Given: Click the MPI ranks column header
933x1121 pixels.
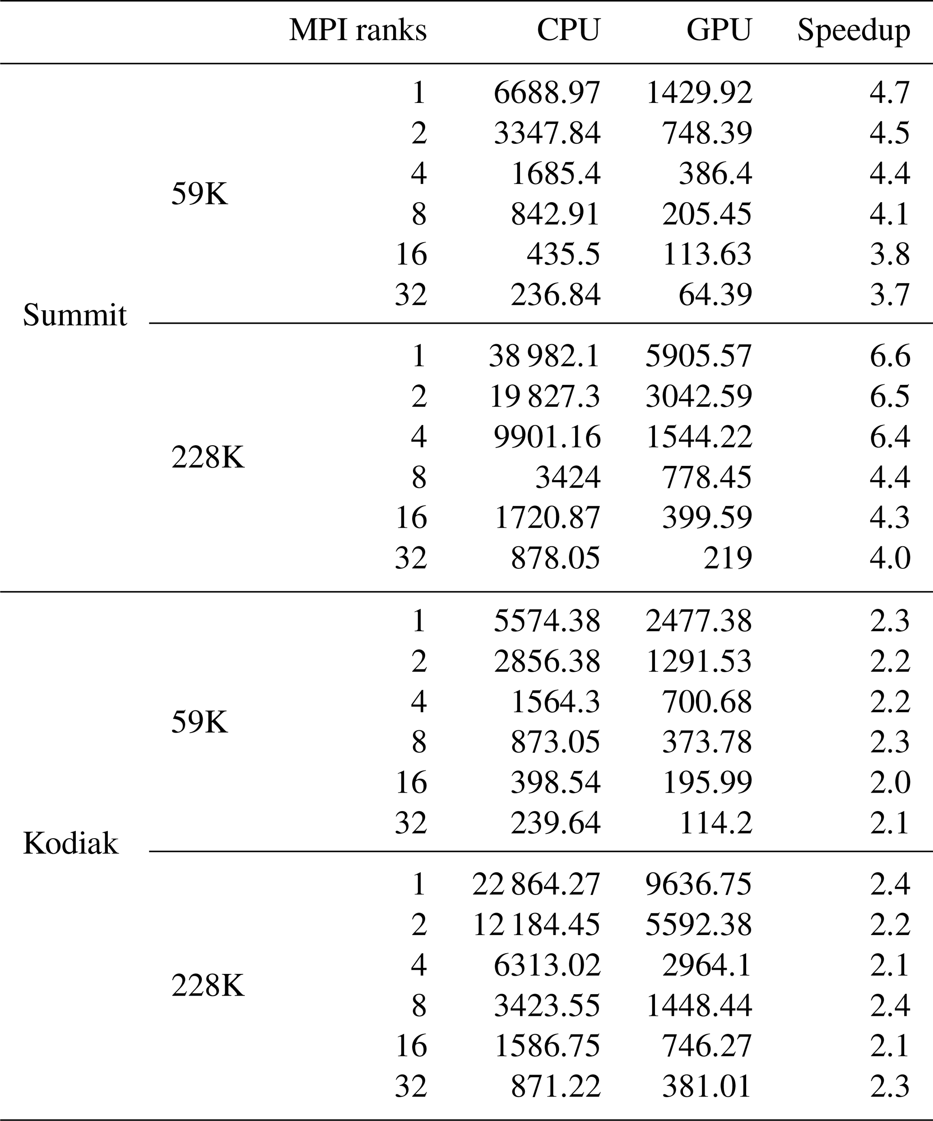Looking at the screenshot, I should click(358, 30).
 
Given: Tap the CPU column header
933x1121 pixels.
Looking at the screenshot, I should click(568, 30).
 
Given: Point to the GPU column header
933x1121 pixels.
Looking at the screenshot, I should click(719, 30).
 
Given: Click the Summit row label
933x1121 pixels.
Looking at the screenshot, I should click(75, 315).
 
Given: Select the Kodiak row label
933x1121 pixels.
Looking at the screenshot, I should click(70, 844).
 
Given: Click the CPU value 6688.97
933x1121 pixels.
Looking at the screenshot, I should click(547, 93).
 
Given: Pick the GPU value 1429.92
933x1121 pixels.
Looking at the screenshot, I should click(699, 93).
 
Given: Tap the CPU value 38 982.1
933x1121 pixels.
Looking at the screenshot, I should click(544, 356).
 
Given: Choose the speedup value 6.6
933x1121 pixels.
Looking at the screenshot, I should click(890, 356).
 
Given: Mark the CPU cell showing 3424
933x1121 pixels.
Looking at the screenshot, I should click(568, 477).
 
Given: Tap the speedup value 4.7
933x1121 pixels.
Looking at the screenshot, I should click(890, 93).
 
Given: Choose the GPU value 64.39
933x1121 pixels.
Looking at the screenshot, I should click(715, 295).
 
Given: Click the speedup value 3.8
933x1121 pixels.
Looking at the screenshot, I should click(890, 254).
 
